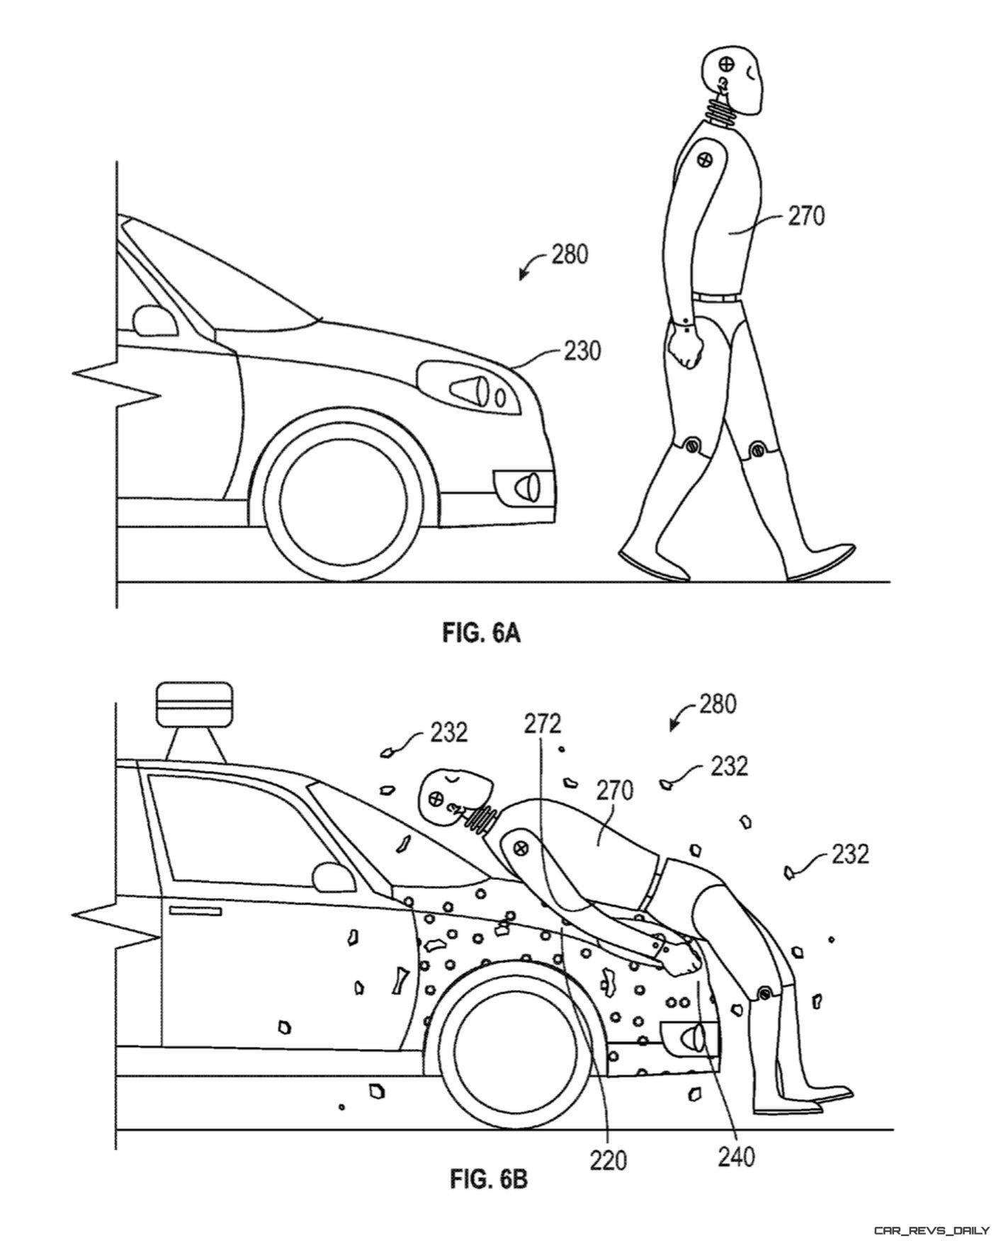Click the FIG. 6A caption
(482, 633)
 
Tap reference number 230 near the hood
(582, 350)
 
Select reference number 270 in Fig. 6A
(806, 215)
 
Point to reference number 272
(543, 723)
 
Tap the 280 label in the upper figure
(569, 254)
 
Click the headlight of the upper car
(468, 388)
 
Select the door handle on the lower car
(193, 909)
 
